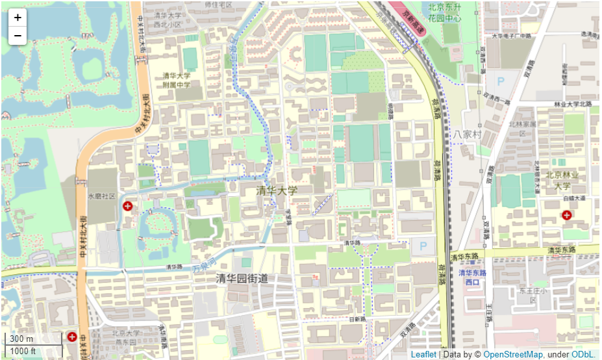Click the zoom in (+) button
point(18,18)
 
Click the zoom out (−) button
point(18,35)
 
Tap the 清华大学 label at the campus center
point(277,190)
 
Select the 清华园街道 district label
point(242,278)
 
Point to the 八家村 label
point(466,133)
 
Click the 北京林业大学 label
point(562,179)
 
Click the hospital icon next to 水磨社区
point(128,206)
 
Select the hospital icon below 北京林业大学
point(567,215)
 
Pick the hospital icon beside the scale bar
point(72,337)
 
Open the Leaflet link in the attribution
point(423,354)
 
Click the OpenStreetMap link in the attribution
point(513,354)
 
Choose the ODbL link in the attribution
point(582,354)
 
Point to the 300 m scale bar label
point(21,339)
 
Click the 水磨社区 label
point(101,196)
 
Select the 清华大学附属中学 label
point(177,80)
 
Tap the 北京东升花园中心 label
point(445,12)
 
